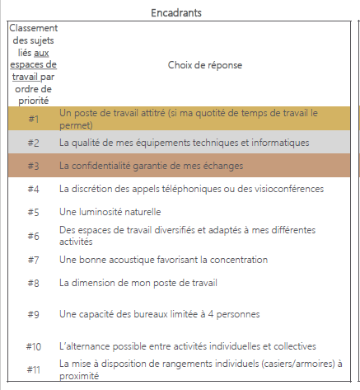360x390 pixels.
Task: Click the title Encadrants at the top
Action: point(178,12)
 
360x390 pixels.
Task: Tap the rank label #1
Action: point(34,119)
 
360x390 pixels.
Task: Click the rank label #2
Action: point(34,143)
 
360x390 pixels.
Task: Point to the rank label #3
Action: point(34,166)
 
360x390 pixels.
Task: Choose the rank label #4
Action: point(34,189)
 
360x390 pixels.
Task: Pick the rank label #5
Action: point(34,212)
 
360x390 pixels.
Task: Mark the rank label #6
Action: point(34,236)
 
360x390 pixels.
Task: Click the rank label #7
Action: point(34,260)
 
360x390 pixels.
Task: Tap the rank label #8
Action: point(34,283)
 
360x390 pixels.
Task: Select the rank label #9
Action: point(34,314)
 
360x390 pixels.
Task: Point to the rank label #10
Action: point(34,346)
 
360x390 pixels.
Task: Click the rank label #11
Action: point(34,369)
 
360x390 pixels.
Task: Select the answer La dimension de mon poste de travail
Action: point(138,283)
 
